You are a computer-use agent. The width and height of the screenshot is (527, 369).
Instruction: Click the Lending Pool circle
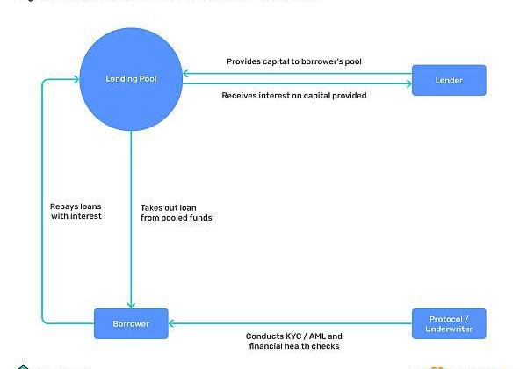pos(131,80)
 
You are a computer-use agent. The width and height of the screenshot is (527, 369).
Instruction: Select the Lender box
pos(449,81)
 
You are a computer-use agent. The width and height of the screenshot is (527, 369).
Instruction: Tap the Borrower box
pos(131,323)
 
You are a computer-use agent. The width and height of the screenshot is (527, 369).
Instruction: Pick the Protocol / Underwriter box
pos(449,323)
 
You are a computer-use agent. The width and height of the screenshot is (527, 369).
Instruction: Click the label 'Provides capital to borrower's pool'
pos(293,61)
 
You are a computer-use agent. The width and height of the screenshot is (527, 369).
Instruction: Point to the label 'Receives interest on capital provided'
pos(293,95)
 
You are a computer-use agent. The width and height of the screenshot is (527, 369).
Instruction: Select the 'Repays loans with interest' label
pos(76,211)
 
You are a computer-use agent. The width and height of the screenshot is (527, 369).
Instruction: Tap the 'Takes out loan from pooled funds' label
pos(176,212)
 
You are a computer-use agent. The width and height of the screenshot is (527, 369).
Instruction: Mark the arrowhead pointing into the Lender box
pos(408,85)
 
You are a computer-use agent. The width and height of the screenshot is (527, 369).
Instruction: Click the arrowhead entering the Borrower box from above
pos(131,304)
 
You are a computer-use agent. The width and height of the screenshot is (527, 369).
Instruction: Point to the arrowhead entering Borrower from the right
pos(172,323)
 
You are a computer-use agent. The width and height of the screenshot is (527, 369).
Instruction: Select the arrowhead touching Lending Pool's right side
pos(186,74)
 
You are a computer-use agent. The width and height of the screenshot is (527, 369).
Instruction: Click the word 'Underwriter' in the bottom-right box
pos(449,329)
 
